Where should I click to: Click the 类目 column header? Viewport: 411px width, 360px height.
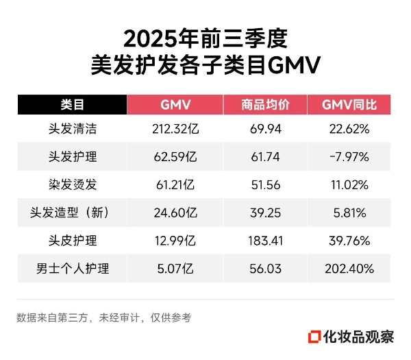[x=72, y=104]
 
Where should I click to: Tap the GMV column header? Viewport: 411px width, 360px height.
[x=175, y=104]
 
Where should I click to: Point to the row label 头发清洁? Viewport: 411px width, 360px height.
[x=72, y=128]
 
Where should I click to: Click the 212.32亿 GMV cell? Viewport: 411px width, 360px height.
[x=175, y=128]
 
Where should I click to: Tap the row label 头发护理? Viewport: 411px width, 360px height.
[x=72, y=156]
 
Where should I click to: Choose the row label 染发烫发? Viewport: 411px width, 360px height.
[x=72, y=184]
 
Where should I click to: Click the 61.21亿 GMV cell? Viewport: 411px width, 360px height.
[x=175, y=184]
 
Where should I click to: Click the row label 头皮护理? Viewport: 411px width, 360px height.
[x=72, y=241]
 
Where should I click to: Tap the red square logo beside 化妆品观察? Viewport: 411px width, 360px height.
[x=316, y=337]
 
